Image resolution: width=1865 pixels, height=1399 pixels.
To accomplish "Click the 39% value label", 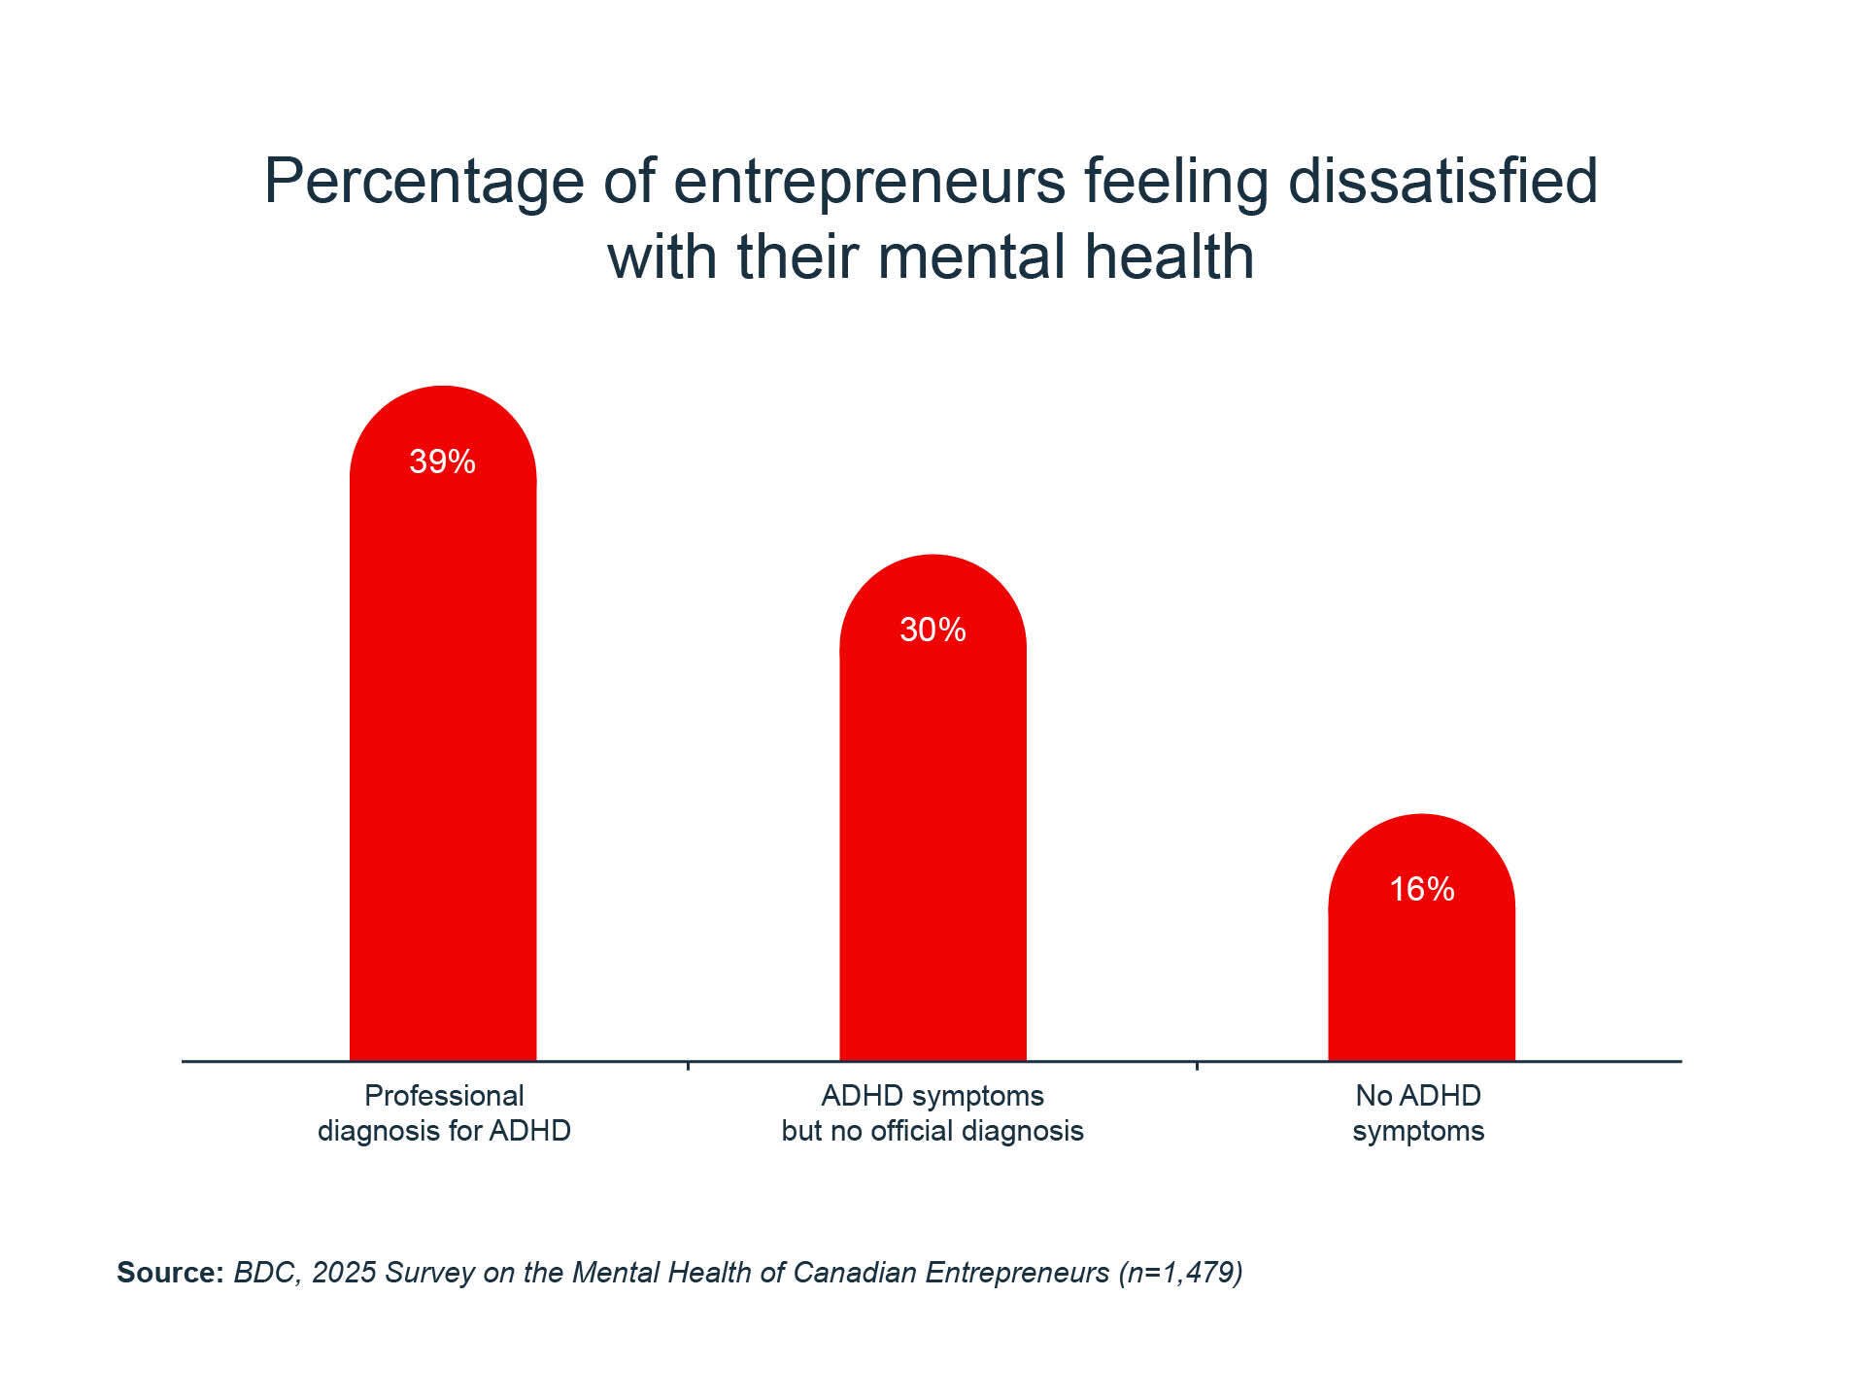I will coord(442,461).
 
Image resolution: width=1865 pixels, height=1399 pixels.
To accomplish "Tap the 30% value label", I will coord(932,631).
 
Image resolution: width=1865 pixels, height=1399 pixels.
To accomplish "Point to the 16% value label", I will coord(1421,889).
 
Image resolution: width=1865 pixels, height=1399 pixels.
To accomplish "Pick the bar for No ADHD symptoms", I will coord(1421,981).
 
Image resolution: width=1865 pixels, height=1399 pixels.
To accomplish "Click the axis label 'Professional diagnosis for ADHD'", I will coord(444,1113).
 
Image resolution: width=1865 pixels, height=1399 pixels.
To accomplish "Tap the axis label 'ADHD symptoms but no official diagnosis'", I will coord(932,1113).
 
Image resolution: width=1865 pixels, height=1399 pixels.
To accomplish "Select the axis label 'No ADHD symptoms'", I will coord(1418,1113).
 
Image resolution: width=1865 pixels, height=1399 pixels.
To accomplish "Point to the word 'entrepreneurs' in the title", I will coord(869,182).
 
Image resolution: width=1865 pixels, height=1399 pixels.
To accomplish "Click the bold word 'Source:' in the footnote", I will coord(170,1273).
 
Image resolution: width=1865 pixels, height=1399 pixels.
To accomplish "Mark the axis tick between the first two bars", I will coord(688,1066).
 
